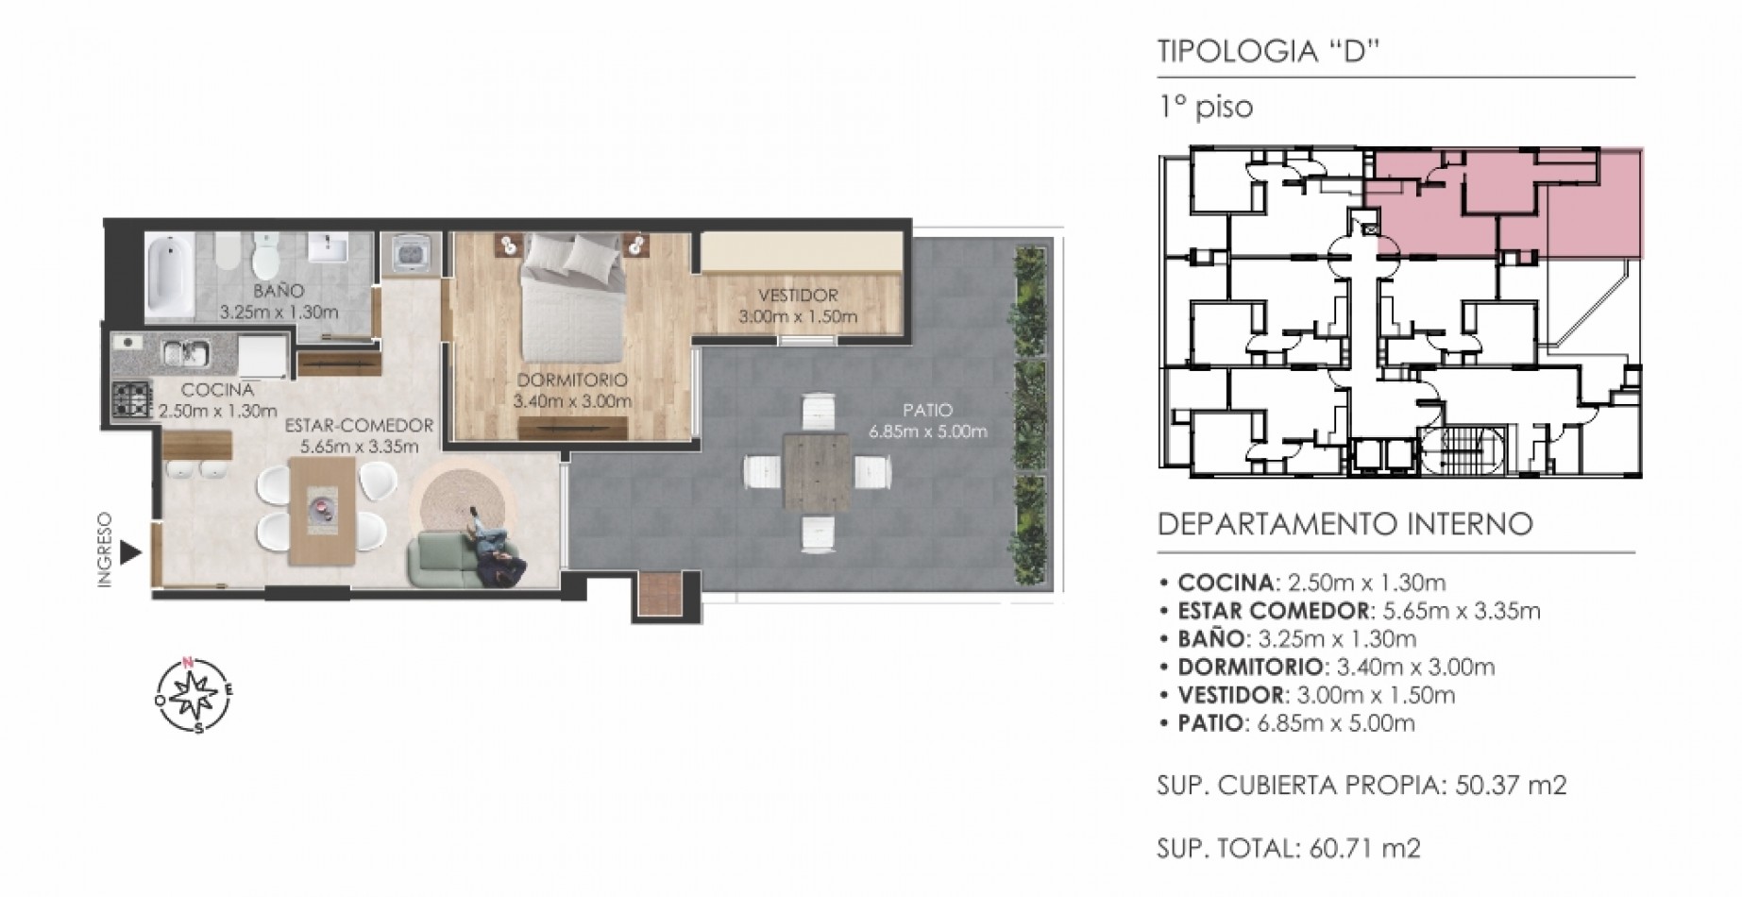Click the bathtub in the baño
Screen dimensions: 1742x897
click(x=170, y=278)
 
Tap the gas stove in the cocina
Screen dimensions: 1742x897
click(x=132, y=399)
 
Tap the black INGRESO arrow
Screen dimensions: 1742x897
click(x=131, y=553)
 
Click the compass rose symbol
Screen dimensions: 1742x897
click(x=194, y=694)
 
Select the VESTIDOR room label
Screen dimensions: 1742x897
click(x=798, y=296)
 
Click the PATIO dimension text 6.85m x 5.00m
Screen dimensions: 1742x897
click(x=928, y=432)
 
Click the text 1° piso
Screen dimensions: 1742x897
click(x=1206, y=107)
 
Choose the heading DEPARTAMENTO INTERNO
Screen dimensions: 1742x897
click(x=1345, y=524)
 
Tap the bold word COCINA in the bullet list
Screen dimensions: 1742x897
click(x=1226, y=583)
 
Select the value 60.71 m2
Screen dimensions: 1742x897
click(x=1365, y=849)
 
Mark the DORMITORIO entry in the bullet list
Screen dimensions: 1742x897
click(x=1336, y=668)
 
